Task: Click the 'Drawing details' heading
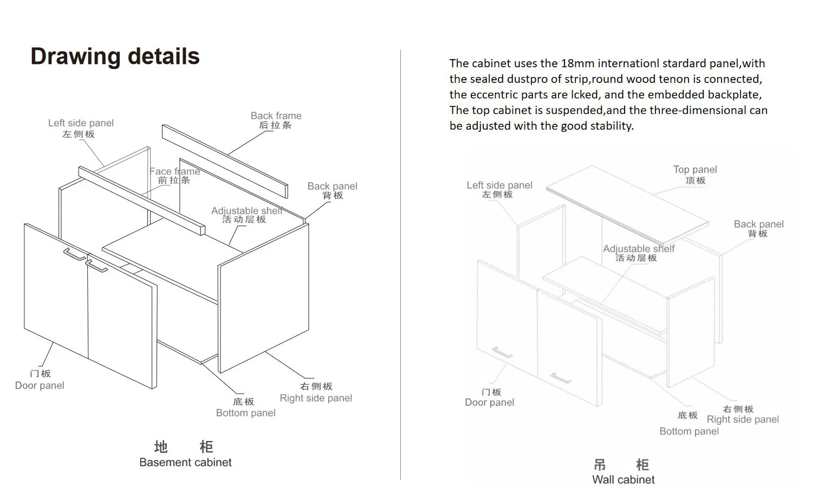(x=115, y=56)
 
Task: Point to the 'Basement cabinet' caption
(x=185, y=462)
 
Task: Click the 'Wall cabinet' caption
(x=623, y=479)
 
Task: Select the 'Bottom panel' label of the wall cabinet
(x=689, y=431)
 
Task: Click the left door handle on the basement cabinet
(x=74, y=254)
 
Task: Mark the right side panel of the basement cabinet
(x=264, y=298)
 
